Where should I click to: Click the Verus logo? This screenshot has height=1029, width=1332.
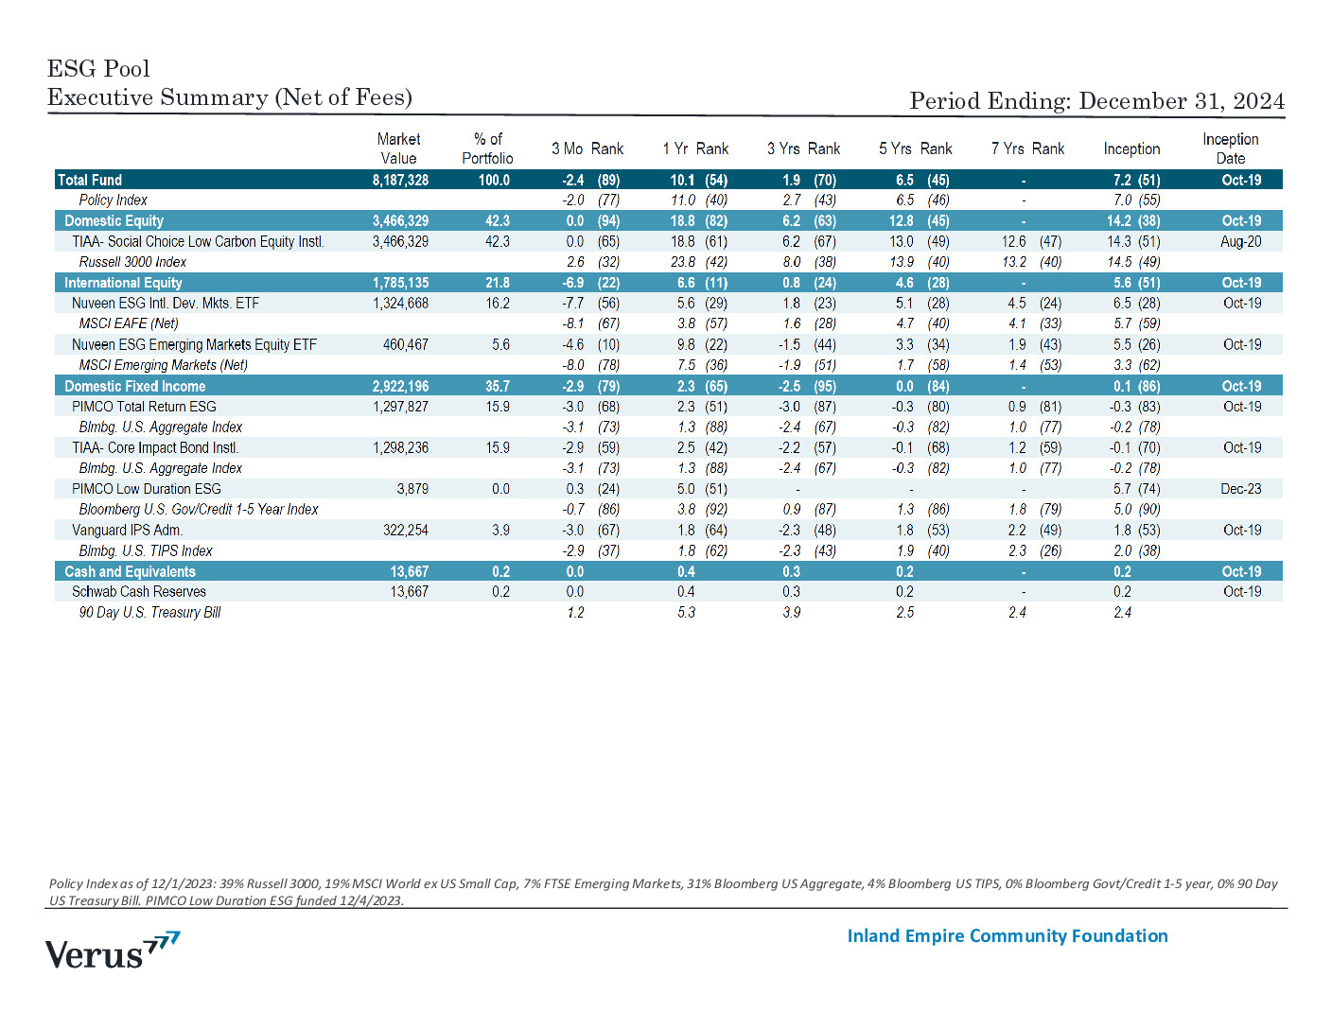[x=113, y=950]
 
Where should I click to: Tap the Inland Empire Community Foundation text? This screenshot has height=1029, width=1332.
[x=1008, y=936]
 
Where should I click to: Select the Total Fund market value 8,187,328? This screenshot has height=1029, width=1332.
[x=400, y=181]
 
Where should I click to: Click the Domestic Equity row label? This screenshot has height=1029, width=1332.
[x=114, y=220]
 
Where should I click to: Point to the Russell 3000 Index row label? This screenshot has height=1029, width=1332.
[x=132, y=262]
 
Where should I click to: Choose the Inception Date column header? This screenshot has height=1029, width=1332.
[x=1230, y=148]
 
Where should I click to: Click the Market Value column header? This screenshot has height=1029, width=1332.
[x=398, y=148]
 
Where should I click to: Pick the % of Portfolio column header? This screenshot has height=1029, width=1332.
[x=487, y=148]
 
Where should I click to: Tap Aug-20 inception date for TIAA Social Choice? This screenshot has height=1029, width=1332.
[x=1240, y=241]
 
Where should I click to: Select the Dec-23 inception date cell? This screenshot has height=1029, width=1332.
[x=1240, y=488]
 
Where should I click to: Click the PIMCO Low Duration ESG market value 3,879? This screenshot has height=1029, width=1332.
[x=412, y=488]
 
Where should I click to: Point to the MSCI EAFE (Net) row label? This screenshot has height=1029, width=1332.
[x=129, y=323]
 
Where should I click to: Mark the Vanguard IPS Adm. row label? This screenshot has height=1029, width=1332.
[x=128, y=530]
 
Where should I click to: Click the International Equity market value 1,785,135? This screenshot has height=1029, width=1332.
[x=400, y=283]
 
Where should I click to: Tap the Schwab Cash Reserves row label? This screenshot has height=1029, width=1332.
[x=139, y=591]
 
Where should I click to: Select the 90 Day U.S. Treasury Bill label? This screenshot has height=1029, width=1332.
[x=149, y=612]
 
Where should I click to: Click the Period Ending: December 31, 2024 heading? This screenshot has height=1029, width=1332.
[x=1096, y=101]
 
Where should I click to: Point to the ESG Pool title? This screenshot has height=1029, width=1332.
[x=98, y=69]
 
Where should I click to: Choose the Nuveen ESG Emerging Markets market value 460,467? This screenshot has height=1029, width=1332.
[x=405, y=344]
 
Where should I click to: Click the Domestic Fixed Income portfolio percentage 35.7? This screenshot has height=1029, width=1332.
[x=497, y=386]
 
